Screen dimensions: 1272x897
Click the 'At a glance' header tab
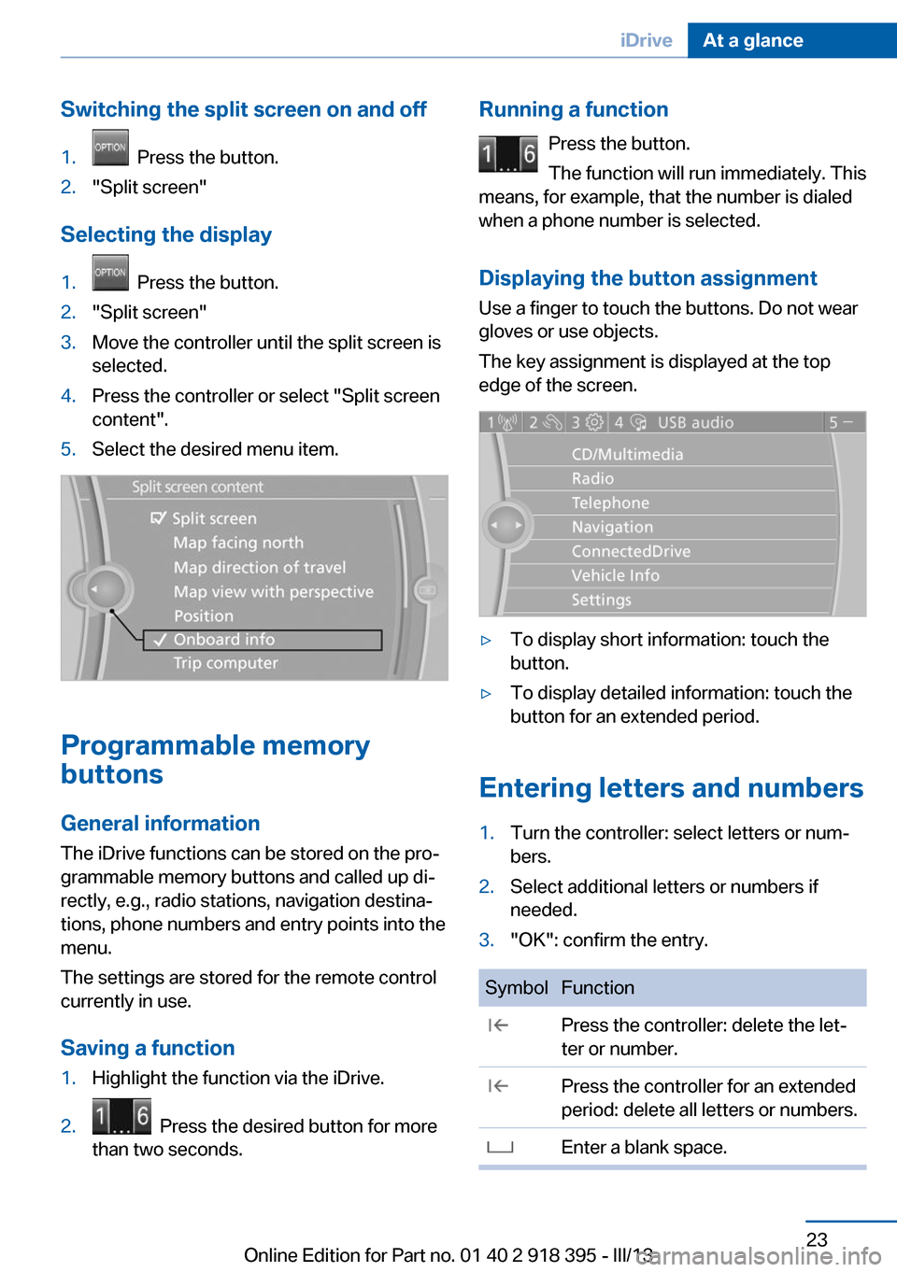pyautogui.click(x=753, y=40)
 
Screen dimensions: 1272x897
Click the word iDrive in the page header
pyautogui.click(x=646, y=40)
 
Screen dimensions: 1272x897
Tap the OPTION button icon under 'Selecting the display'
pyautogui.click(x=110, y=273)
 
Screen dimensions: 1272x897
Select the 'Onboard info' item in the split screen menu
pyautogui.click(x=224, y=640)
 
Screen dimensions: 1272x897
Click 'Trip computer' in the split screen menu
pyautogui.click(x=225, y=663)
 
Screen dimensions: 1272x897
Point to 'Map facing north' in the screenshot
pyautogui.click(x=238, y=543)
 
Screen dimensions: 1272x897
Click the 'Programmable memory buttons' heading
pyautogui.click(x=215, y=759)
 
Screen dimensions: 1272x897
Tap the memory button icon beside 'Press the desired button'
pyautogui.click(x=121, y=1116)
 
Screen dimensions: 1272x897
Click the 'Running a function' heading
pyautogui.click(x=574, y=109)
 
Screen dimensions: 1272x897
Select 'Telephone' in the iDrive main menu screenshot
pyautogui.click(x=610, y=502)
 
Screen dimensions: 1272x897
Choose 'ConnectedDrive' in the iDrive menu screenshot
pyautogui.click(x=631, y=551)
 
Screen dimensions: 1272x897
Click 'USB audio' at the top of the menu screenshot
pyautogui.click(x=695, y=422)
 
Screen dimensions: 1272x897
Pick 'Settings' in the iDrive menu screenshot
pyautogui.click(x=601, y=600)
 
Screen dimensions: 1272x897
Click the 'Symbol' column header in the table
pyautogui.click(x=516, y=987)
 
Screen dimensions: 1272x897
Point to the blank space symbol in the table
pyautogui.click(x=500, y=1148)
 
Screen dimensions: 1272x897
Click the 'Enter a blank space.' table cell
pyautogui.click(x=644, y=1147)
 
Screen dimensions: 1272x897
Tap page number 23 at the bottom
pyautogui.click(x=817, y=1239)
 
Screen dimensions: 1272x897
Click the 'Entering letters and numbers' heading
pyautogui.click(x=671, y=788)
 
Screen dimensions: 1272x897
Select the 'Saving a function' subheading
pyautogui.click(x=148, y=1048)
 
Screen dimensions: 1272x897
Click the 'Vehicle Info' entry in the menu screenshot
pyautogui.click(x=615, y=575)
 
